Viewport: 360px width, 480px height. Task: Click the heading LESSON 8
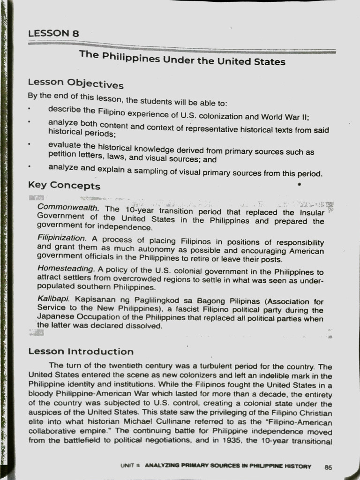coord(53,33)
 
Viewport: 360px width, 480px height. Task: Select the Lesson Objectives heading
coord(75,83)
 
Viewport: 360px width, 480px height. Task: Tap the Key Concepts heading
coord(64,185)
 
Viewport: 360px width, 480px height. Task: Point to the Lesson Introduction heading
coord(81,352)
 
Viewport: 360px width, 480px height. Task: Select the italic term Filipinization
coord(61,238)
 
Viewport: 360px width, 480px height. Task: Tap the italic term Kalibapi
coord(53,299)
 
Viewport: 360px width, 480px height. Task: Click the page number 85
coord(328,467)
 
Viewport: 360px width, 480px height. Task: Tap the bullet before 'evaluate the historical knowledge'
coord(29,144)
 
